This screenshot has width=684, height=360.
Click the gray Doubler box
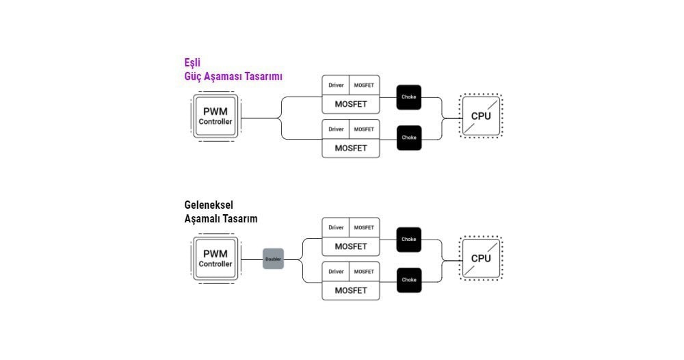(273, 259)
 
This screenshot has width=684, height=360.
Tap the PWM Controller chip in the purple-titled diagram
(215, 116)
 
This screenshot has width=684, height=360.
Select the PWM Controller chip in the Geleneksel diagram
(215, 259)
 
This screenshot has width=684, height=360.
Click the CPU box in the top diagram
(481, 116)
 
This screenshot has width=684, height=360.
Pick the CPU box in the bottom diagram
(481, 258)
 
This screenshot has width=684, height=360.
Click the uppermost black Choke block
(409, 97)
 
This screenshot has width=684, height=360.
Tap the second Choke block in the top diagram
(409, 138)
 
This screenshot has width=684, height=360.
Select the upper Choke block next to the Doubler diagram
(409, 240)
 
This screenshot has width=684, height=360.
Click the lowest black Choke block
(409, 280)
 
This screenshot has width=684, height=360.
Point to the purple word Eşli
(192, 63)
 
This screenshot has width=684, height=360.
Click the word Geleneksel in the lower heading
(209, 205)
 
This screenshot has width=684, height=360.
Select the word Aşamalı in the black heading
(201, 219)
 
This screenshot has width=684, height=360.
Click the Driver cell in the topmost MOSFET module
(336, 85)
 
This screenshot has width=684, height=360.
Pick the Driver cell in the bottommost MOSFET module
(336, 272)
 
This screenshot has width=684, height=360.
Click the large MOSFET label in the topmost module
(351, 104)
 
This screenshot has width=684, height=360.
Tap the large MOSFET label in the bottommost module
(351, 291)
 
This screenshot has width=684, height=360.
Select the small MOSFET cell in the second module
(365, 129)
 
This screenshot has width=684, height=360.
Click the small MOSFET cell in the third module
(365, 227)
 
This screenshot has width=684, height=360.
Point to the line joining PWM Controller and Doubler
(252, 259)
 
